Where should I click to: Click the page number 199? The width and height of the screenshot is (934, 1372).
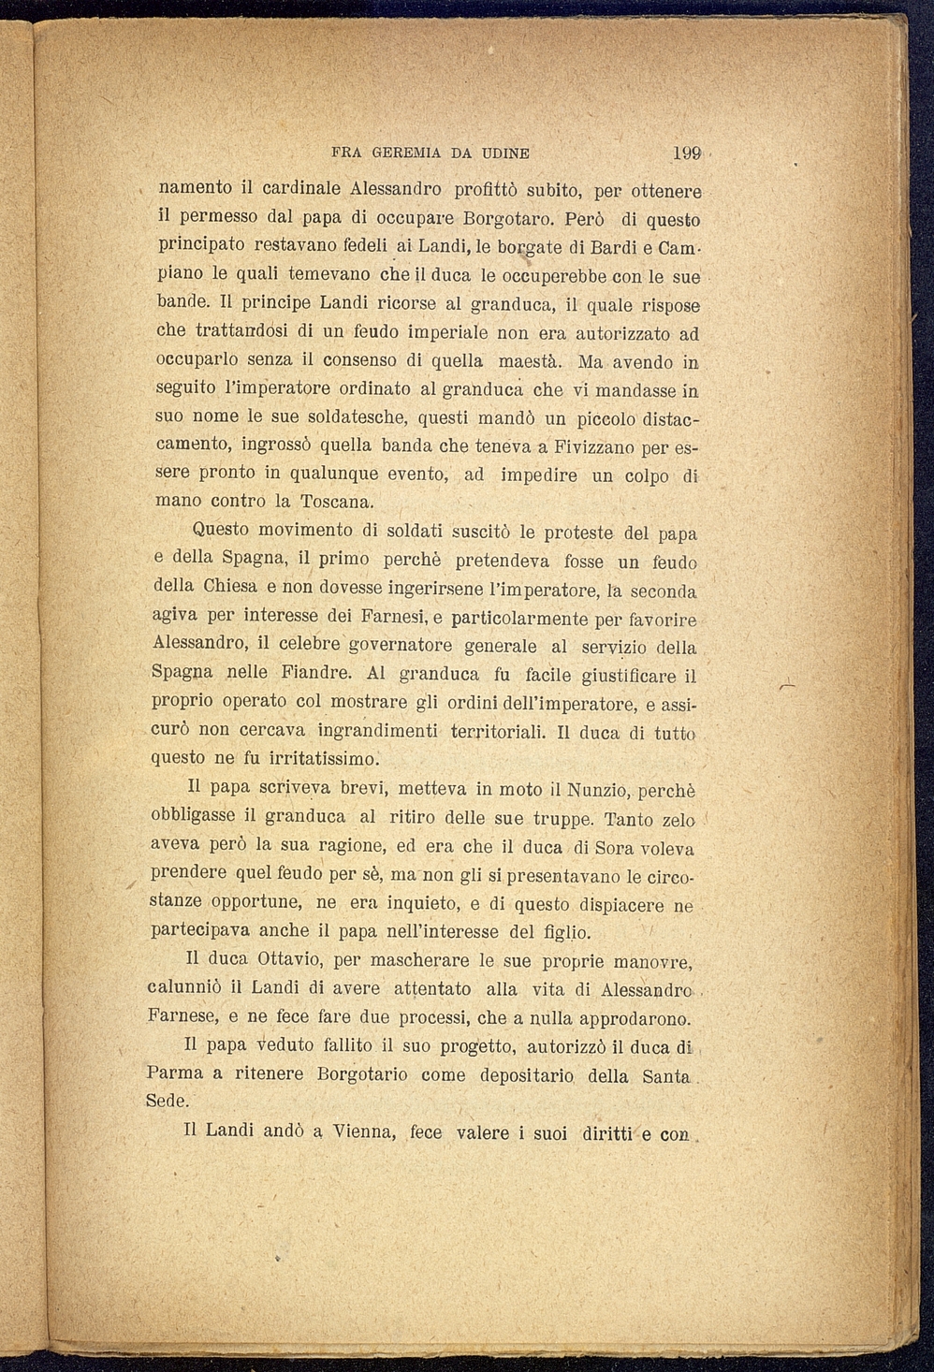pos(687,153)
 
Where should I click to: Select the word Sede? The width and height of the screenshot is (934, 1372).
pos(168,1102)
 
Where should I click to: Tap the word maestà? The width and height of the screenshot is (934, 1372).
pos(530,360)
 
